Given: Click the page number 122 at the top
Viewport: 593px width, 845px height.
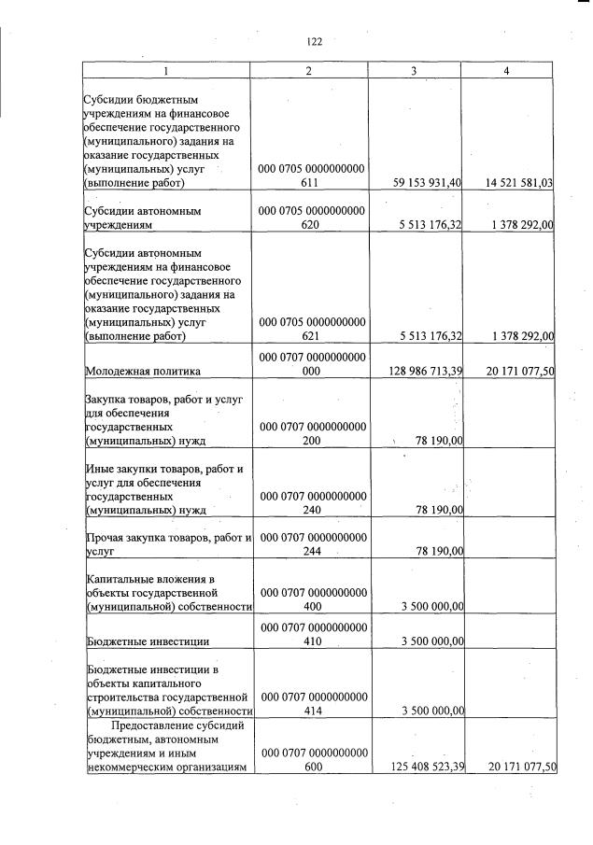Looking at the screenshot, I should click(314, 41).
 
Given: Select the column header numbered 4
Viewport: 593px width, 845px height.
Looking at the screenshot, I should click(506, 71).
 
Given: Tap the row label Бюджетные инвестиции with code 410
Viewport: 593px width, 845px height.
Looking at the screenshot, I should click(148, 641).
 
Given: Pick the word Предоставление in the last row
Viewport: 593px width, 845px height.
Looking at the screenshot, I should click(149, 725).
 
